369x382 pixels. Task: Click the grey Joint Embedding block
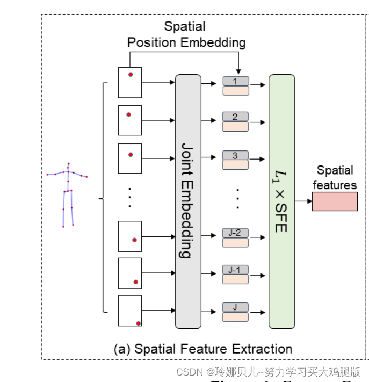(x=188, y=201)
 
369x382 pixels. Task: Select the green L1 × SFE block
(x=282, y=201)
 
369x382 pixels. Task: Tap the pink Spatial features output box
(x=334, y=201)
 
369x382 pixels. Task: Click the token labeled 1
(x=236, y=81)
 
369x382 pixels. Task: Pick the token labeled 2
(x=236, y=117)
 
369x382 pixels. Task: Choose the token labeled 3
(x=236, y=156)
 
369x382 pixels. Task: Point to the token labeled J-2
(x=236, y=233)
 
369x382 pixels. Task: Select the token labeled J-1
(x=236, y=270)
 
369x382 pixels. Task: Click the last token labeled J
(x=236, y=307)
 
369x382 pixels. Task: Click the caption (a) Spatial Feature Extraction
(x=203, y=349)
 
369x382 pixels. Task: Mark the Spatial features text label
(x=336, y=178)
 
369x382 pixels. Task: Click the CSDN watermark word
(x=189, y=372)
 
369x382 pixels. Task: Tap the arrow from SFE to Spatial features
(x=303, y=201)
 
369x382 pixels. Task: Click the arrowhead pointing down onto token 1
(x=238, y=73)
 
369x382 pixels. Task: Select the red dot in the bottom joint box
(x=138, y=323)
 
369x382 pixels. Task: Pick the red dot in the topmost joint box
(x=130, y=75)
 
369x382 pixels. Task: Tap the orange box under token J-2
(x=236, y=242)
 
